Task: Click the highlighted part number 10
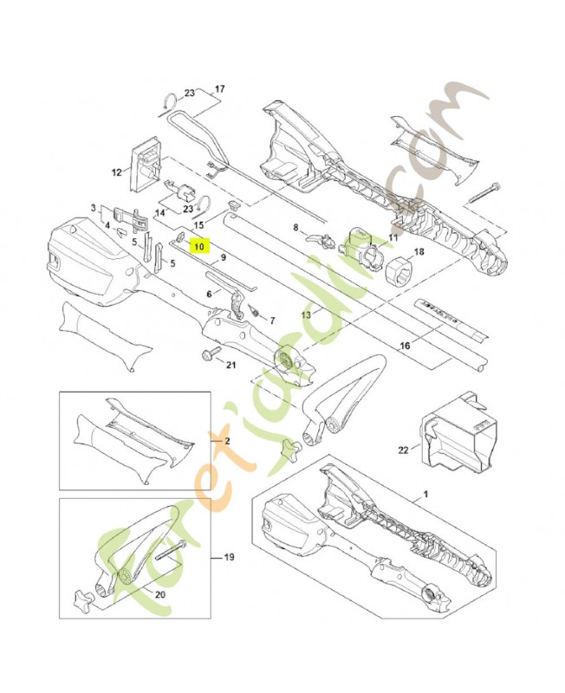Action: pyautogui.click(x=200, y=246)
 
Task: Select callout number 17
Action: pyautogui.click(x=219, y=89)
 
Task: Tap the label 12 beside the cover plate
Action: pyautogui.click(x=116, y=172)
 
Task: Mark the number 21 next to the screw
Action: pyautogui.click(x=230, y=365)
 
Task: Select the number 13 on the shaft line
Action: pyautogui.click(x=305, y=314)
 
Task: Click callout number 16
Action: pyautogui.click(x=404, y=346)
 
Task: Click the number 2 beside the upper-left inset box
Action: pyautogui.click(x=228, y=441)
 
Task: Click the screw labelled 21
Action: pyautogui.click(x=211, y=355)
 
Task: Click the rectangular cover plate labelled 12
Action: pyautogui.click(x=146, y=164)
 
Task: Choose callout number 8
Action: pyautogui.click(x=295, y=229)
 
